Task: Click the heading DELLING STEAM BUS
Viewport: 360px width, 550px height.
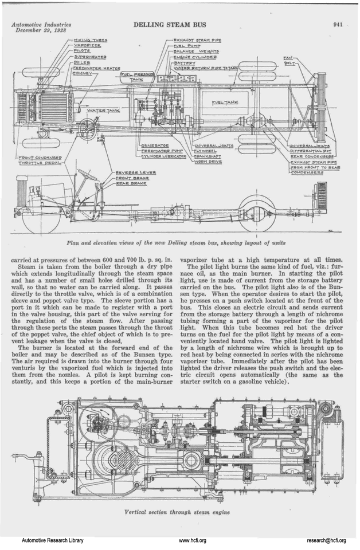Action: click(169, 25)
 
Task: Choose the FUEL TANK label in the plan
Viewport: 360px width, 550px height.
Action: click(226, 103)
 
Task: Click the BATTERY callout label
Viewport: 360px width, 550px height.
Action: click(185, 62)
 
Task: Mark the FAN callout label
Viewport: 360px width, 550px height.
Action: click(288, 58)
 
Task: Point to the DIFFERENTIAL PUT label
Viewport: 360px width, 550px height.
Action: click(312, 151)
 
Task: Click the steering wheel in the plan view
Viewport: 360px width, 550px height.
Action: click(87, 125)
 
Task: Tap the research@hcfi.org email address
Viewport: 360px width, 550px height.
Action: click(326, 540)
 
